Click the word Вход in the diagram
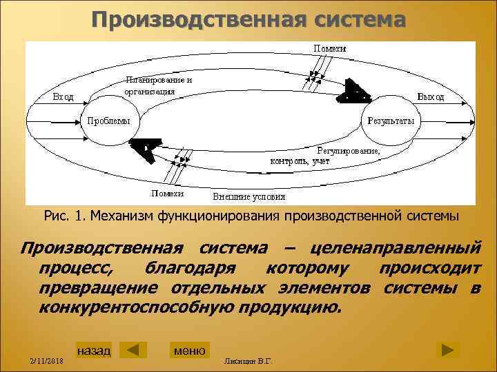64,96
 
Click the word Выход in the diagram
430,97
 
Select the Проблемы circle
110,121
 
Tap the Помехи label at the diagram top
330,48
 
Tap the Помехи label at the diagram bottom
167,194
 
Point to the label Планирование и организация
158,85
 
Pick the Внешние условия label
248,196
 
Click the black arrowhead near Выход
355,92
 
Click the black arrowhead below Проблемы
146,149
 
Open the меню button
189,351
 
